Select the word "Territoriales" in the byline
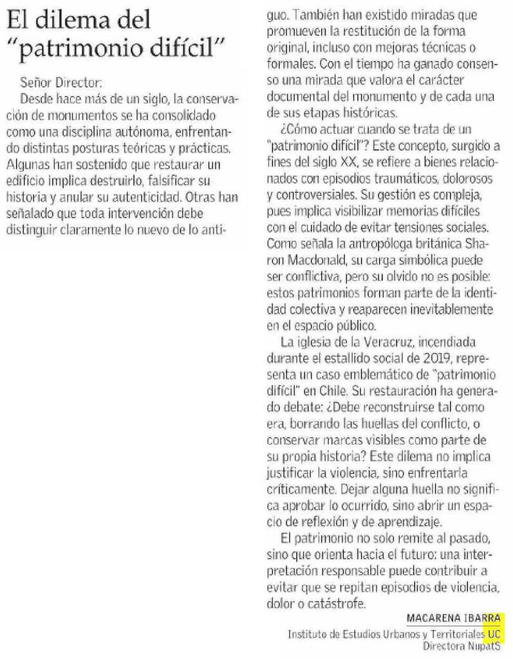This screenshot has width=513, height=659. click(458, 633)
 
